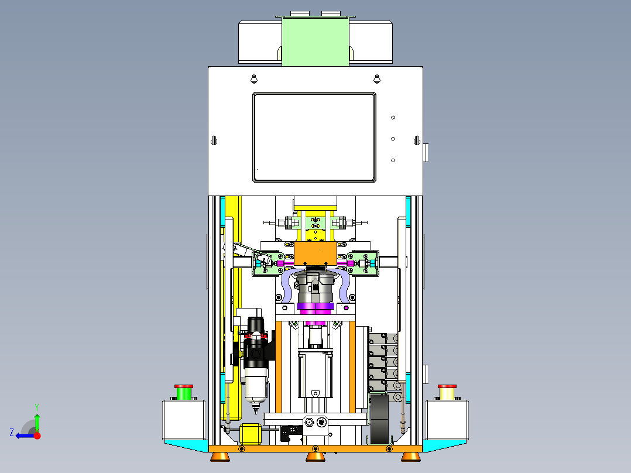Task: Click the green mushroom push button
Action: point(184,392)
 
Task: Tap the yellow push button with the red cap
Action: point(447,392)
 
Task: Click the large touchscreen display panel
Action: point(314,137)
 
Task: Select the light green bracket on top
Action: point(315,40)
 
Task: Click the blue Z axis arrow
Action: point(26,436)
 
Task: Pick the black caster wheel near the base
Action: point(379,419)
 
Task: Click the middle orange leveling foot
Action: point(315,457)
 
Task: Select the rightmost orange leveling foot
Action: point(411,457)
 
